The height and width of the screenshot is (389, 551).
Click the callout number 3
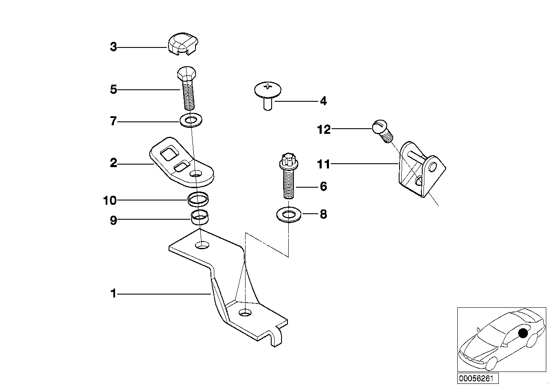(113, 47)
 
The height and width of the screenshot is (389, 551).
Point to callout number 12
(324, 129)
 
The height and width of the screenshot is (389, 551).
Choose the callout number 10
(110, 200)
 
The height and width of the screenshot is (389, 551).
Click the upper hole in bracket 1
(202, 245)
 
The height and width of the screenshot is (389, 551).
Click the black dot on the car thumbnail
(522, 333)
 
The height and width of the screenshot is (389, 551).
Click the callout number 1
(113, 294)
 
